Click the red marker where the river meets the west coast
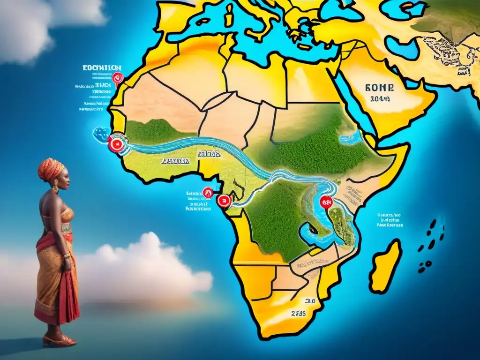[x=116, y=144]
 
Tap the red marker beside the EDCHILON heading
[x=117, y=78]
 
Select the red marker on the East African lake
[x=326, y=202]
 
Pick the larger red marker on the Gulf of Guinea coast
[x=224, y=202]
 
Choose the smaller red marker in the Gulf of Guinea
[x=207, y=192]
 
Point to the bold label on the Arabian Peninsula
[x=379, y=88]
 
